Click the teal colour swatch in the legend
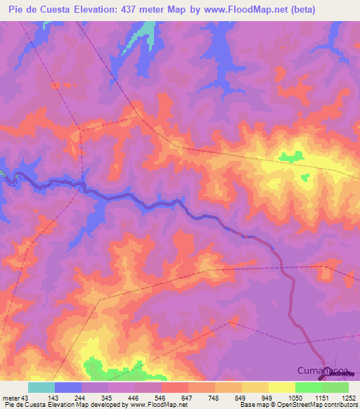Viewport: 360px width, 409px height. pos(41,387)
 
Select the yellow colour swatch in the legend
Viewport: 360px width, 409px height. pos(281,387)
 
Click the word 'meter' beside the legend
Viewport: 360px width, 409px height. pos(10,398)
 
